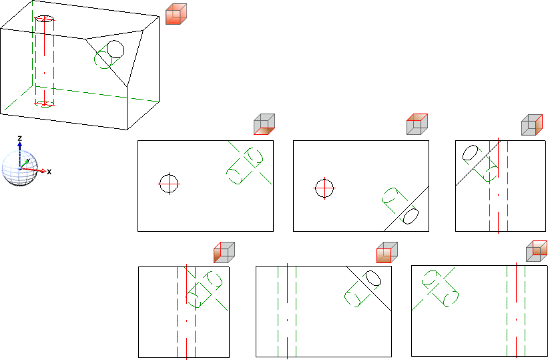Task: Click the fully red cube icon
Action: point(176,14)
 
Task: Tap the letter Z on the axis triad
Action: point(20,138)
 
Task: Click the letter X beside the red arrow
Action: point(49,172)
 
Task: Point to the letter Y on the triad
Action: point(28,160)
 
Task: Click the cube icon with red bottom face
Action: point(264,124)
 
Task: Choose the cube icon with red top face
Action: point(417,124)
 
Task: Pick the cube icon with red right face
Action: point(532,124)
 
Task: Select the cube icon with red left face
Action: point(224,252)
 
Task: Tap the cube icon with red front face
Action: point(387,252)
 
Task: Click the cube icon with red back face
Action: point(537,251)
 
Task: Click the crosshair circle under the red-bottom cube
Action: point(169,184)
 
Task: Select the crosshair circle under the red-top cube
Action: point(324,188)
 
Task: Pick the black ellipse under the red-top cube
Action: point(410,216)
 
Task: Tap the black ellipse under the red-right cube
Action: point(471,153)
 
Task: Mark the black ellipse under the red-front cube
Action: point(373,278)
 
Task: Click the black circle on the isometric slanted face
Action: point(115,49)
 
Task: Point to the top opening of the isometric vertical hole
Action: point(44,18)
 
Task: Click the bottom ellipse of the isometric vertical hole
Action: point(44,104)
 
